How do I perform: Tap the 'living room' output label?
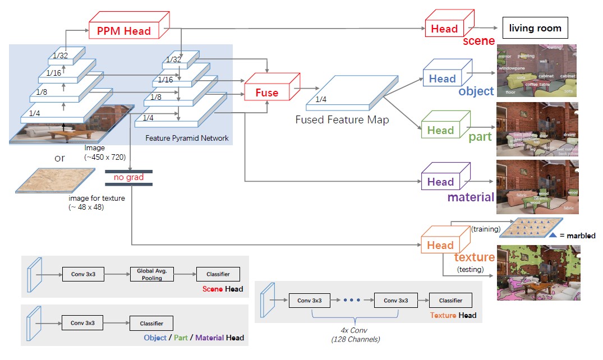click(535, 28)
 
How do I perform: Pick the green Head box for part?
click(440, 131)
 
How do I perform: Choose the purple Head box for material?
click(440, 182)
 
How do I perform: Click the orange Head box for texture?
click(440, 245)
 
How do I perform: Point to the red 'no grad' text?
click(128, 178)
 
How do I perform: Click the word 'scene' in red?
click(478, 41)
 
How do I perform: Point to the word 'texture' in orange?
click(474, 257)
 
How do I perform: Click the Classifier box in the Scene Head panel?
click(218, 274)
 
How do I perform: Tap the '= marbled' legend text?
click(577, 236)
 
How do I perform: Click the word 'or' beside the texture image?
click(60, 158)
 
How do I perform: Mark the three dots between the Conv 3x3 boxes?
click(351, 300)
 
